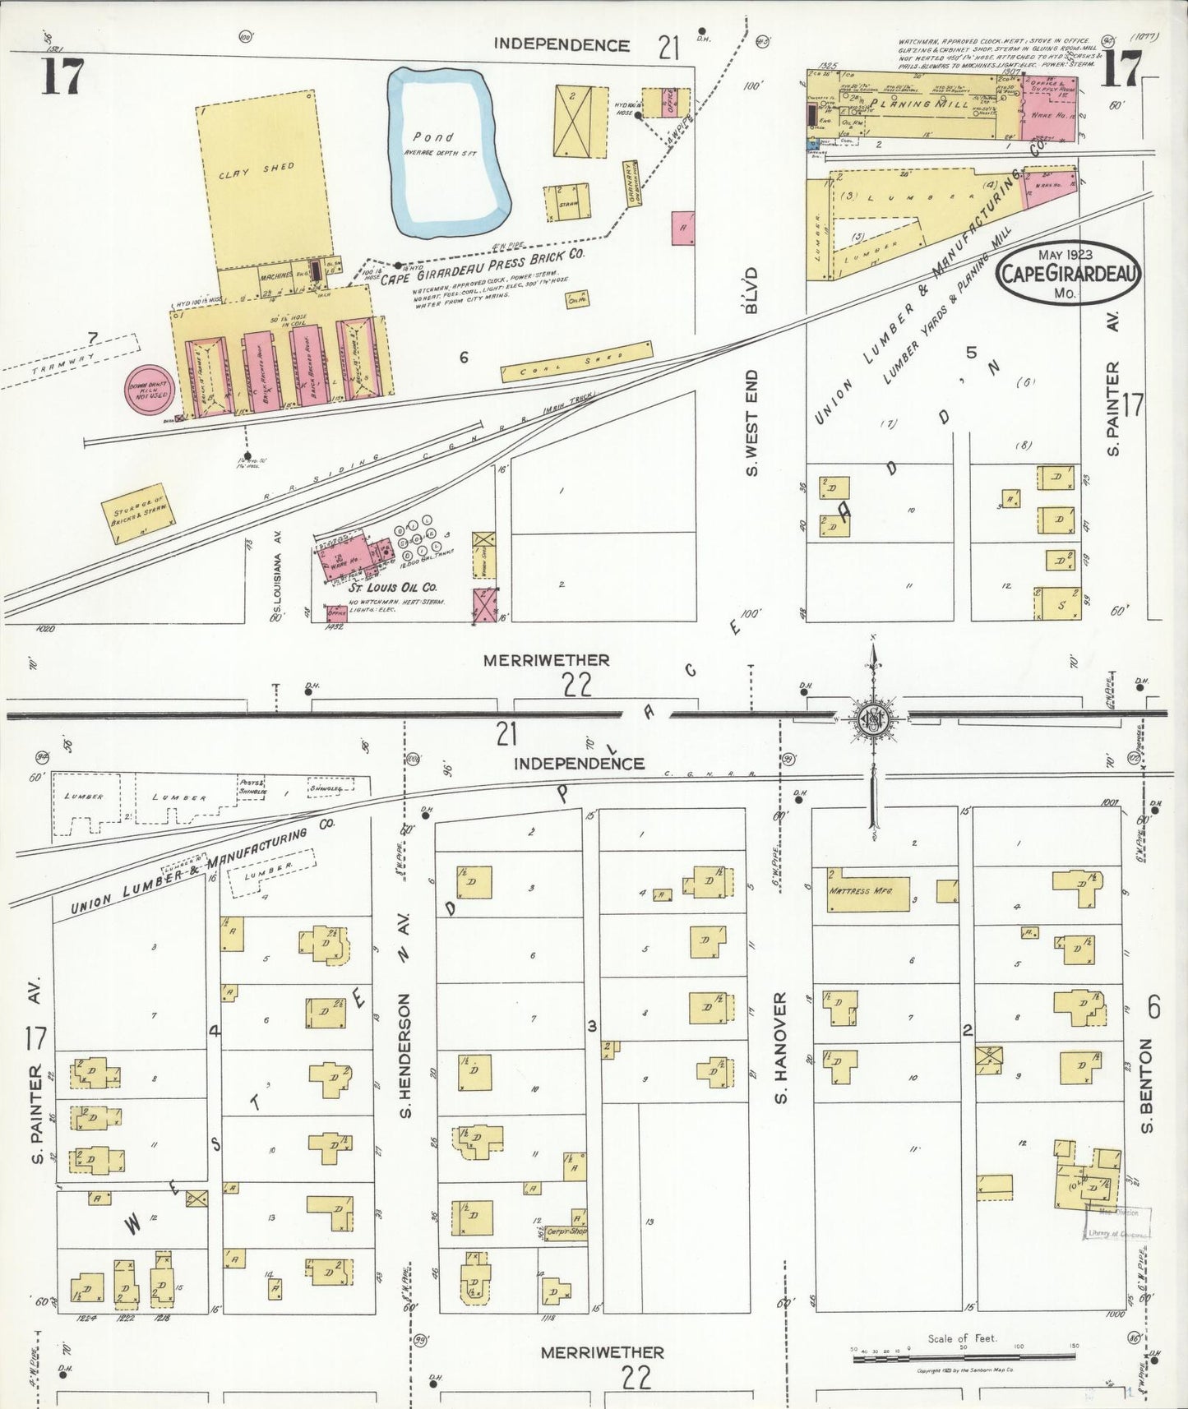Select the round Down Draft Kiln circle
149,389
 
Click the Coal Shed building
576,362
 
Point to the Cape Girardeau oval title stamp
1067,274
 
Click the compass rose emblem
871,719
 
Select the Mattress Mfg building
867,894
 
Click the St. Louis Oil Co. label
392,588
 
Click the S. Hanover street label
781,1047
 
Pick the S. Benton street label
1148,1085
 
